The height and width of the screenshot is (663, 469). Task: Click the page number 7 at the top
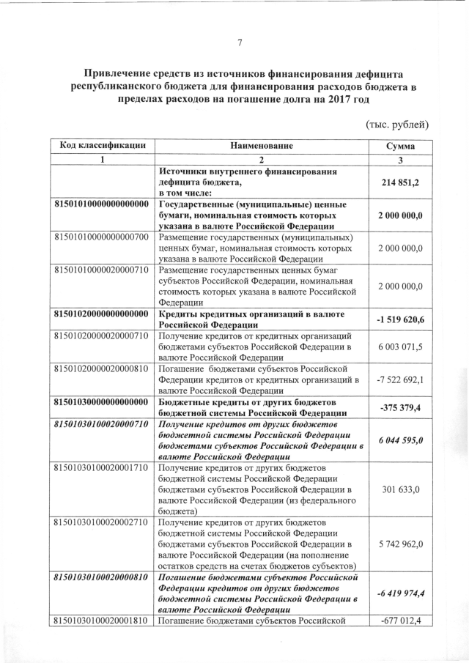pyautogui.click(x=240, y=42)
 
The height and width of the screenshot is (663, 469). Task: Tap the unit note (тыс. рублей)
pyautogui.click(x=396, y=125)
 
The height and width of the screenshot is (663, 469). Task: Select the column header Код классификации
pyautogui.click(x=103, y=146)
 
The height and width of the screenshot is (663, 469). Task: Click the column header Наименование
pyautogui.click(x=262, y=146)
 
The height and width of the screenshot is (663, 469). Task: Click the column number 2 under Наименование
pyautogui.click(x=262, y=160)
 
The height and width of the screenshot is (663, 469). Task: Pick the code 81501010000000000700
pyautogui.click(x=103, y=237)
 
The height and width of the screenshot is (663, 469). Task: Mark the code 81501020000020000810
pyautogui.click(x=103, y=368)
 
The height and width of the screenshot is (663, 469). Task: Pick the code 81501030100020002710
pyautogui.click(x=103, y=522)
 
